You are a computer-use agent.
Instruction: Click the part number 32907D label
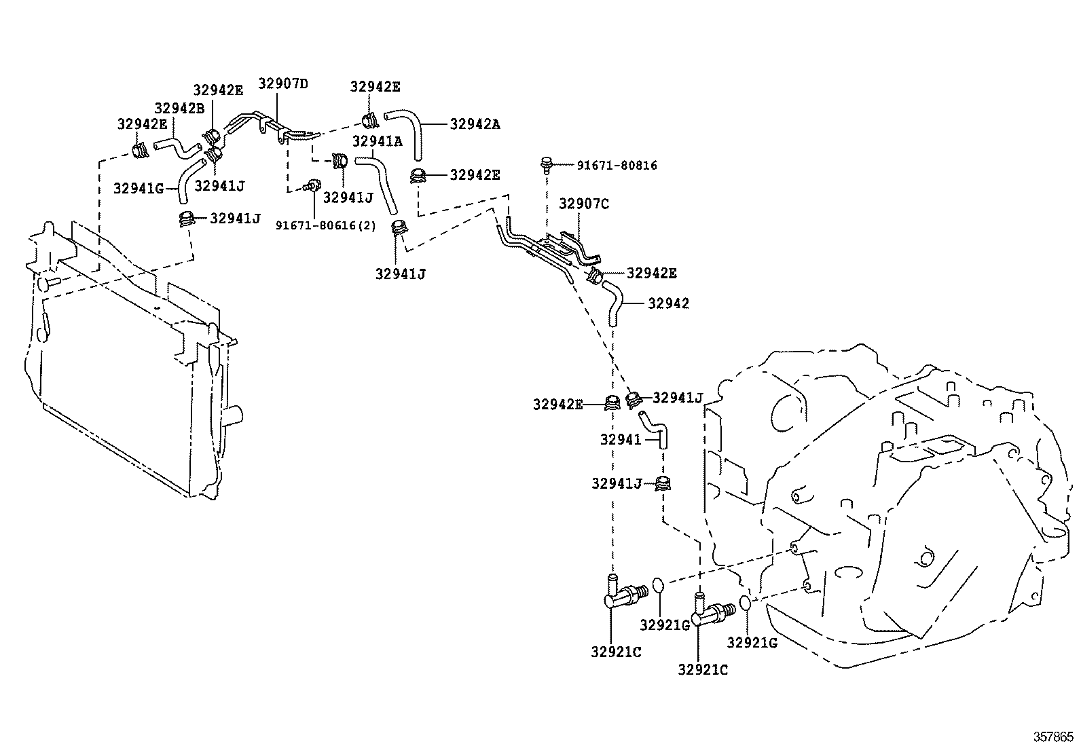pyautogui.click(x=282, y=83)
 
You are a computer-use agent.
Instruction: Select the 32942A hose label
pyautogui.click(x=475, y=124)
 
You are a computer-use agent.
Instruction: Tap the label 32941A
pyautogui.click(x=377, y=141)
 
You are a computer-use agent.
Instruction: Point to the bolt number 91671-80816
pyautogui.click(x=617, y=166)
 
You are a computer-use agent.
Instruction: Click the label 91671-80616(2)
pyautogui.click(x=326, y=225)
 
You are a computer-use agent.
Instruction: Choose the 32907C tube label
pyautogui.click(x=584, y=204)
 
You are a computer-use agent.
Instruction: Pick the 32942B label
pyautogui.click(x=179, y=109)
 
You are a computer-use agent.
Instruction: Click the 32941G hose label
pyautogui.click(x=139, y=188)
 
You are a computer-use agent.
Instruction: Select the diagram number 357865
pyautogui.click(x=1053, y=736)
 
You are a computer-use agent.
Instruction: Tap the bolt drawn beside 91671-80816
pyautogui.click(x=547, y=165)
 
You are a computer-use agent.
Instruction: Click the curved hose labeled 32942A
pyautogui.click(x=405, y=134)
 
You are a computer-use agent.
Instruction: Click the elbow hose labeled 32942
pyautogui.click(x=613, y=304)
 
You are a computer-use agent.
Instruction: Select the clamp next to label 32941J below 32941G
pyautogui.click(x=186, y=219)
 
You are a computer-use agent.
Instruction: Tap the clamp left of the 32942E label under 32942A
pyautogui.click(x=418, y=175)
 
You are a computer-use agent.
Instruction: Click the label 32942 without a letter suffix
pyautogui.click(x=668, y=303)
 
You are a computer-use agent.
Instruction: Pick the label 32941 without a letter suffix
pyautogui.click(x=621, y=440)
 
